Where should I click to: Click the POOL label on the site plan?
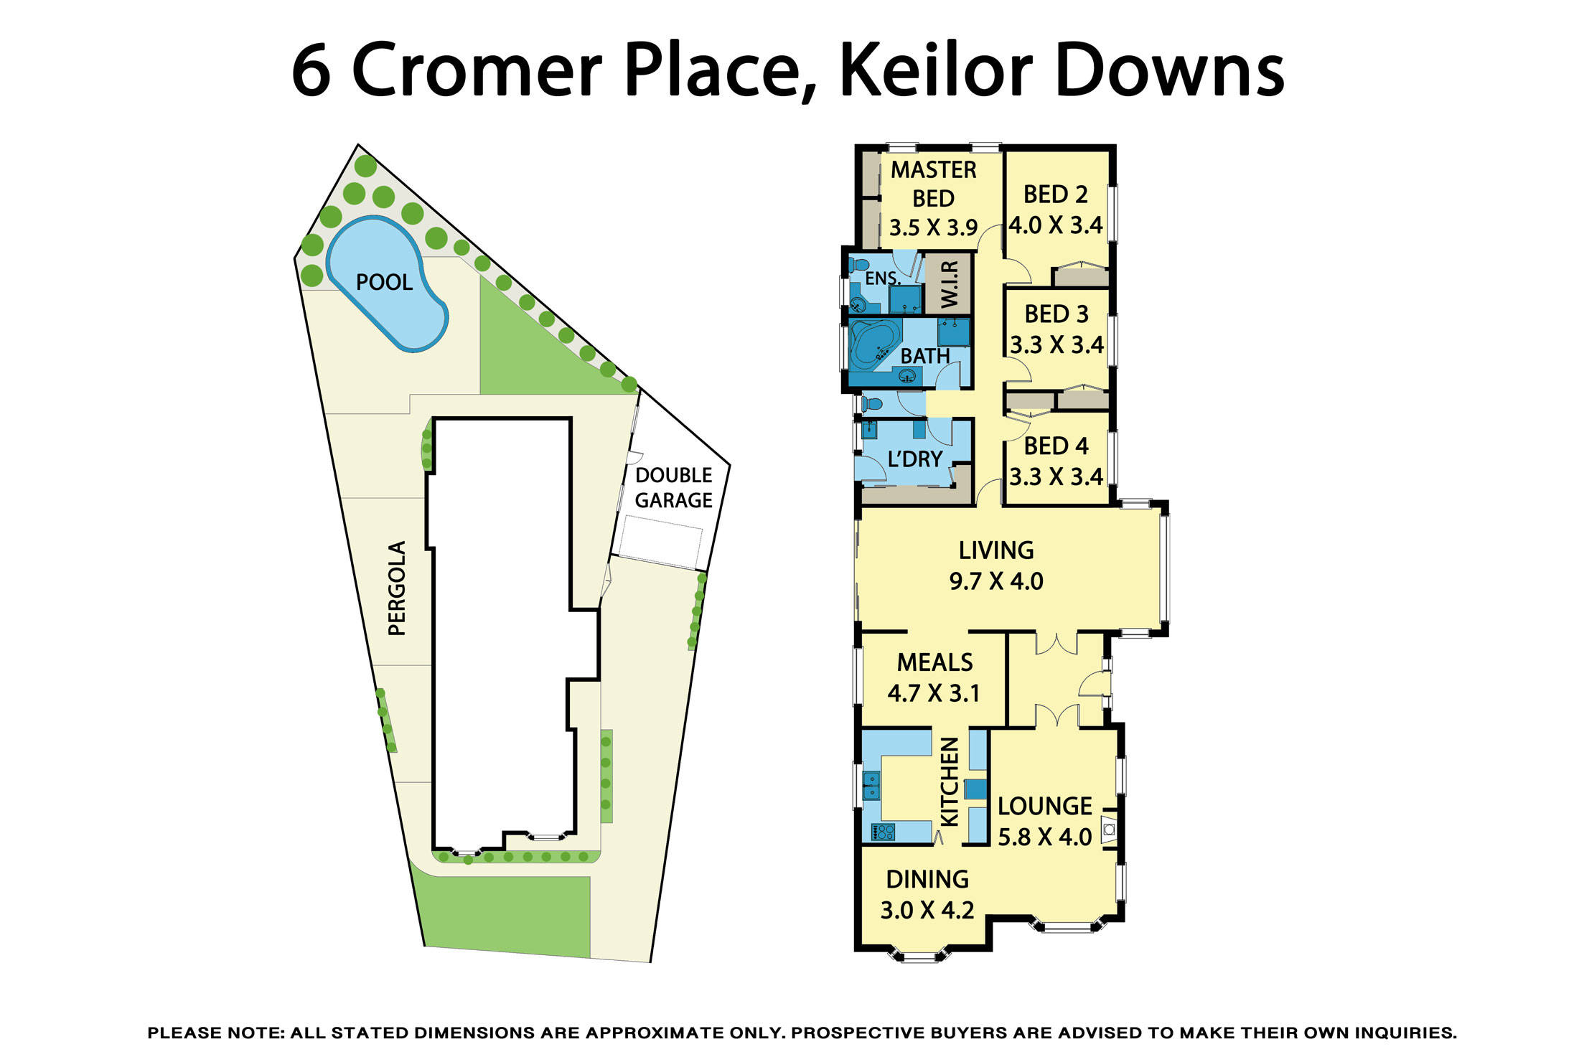(384, 282)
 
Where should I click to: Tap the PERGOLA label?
(397, 588)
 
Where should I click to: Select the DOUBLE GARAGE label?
(673, 488)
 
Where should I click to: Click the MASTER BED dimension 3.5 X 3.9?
(933, 228)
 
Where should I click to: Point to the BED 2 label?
(1055, 194)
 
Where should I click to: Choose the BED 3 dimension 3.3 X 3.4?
(1056, 345)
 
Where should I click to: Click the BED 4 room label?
(1056, 446)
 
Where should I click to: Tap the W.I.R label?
(949, 284)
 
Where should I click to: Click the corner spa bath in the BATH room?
(873, 344)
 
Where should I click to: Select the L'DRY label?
(914, 459)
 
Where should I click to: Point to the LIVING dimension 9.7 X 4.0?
(996, 581)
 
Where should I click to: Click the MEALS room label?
(934, 662)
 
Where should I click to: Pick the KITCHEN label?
(949, 782)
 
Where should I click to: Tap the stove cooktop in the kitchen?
(883, 832)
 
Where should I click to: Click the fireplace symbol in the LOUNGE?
(1109, 830)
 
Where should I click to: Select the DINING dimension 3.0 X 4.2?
(927, 911)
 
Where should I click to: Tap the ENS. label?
(881, 278)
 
